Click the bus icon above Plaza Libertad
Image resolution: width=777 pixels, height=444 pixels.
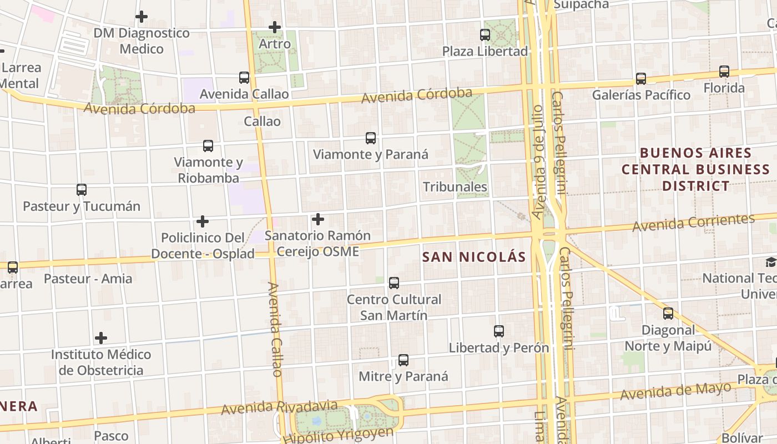tap(485, 35)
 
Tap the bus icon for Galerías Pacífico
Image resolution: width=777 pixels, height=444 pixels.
tap(641, 79)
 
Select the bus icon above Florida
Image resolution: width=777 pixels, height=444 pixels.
tap(724, 72)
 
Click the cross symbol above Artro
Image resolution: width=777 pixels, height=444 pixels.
tap(275, 27)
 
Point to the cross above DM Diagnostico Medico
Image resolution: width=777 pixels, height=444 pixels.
tap(142, 17)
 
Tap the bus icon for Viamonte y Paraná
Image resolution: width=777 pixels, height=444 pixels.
tap(371, 138)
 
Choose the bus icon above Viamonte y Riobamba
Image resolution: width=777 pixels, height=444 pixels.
tap(208, 146)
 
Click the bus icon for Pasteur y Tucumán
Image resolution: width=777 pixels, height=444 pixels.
tap(82, 190)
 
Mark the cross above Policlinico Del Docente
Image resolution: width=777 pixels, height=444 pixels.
tap(203, 221)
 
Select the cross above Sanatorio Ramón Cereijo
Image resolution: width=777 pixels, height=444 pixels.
tap(318, 219)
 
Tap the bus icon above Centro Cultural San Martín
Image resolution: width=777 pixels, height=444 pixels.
tap(394, 283)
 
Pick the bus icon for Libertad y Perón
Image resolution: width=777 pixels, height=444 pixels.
tap(499, 331)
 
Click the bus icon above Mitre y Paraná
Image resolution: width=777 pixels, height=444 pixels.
tap(403, 360)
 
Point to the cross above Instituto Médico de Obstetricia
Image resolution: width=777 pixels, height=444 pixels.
tap(101, 337)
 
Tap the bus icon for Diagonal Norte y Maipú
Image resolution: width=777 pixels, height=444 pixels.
tap(668, 314)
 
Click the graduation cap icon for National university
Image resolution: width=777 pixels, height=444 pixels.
tap(770, 262)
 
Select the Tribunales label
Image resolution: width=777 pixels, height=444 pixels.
tap(455, 187)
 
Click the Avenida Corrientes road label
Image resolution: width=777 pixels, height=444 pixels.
tap(693, 223)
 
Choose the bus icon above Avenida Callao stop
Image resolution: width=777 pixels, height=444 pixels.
tap(244, 78)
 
